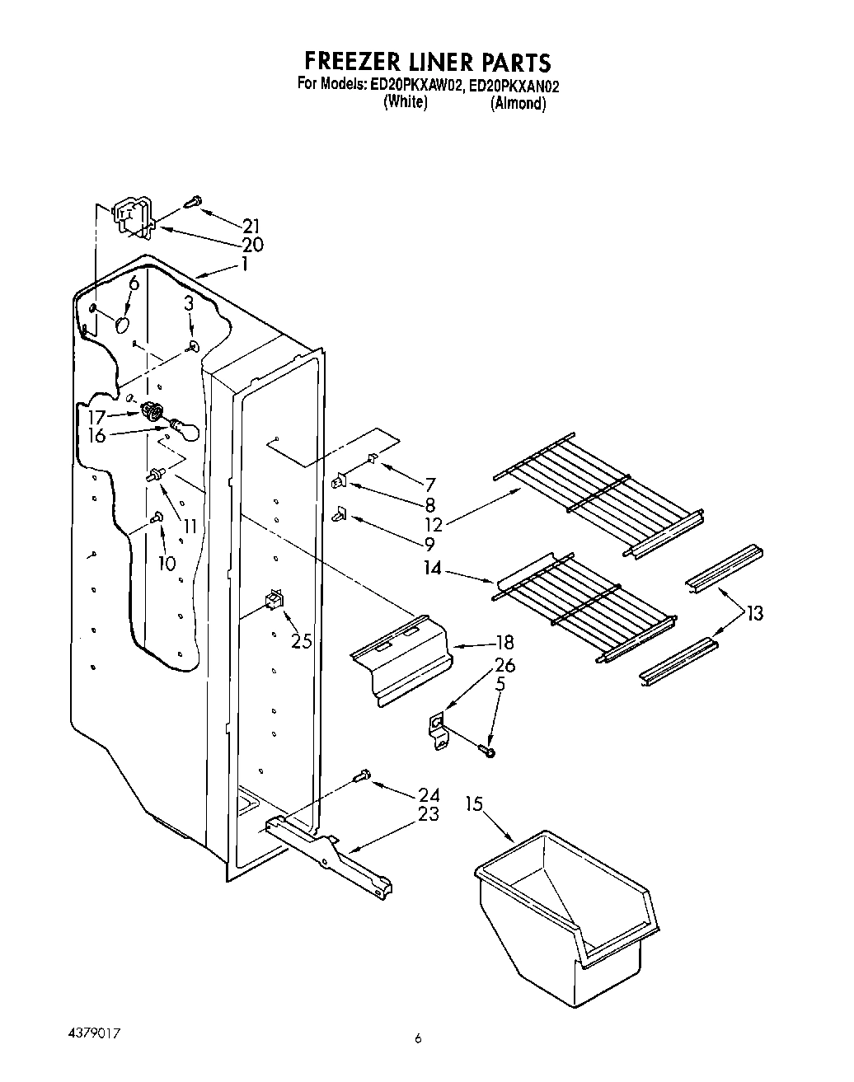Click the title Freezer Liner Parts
(x=427, y=62)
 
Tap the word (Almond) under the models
(x=518, y=104)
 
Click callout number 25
(x=302, y=640)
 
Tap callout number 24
(x=429, y=794)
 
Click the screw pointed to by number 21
(x=195, y=200)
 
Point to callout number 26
(x=504, y=665)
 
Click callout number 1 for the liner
(x=244, y=265)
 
